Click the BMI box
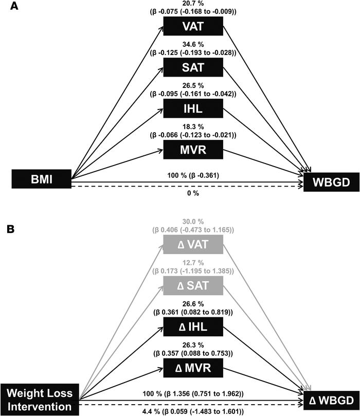click(41, 179)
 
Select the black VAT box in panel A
click(193, 26)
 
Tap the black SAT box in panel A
click(193, 67)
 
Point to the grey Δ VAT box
click(193, 245)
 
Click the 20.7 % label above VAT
click(193, 4)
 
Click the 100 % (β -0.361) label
click(193, 175)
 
